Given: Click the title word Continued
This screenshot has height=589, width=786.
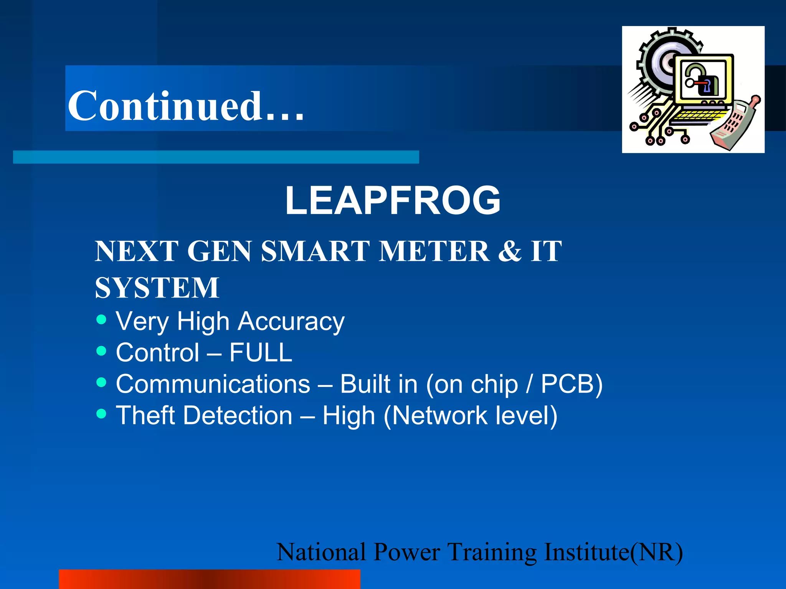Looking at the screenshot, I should point(186,106).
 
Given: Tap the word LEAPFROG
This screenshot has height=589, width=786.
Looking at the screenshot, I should point(393,200).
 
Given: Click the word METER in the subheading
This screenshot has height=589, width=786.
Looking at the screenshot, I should point(434,251).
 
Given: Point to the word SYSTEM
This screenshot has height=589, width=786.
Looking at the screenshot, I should point(157,288).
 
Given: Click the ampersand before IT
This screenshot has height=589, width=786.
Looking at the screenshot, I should point(510,251).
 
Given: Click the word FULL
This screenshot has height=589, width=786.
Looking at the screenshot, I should point(261,352).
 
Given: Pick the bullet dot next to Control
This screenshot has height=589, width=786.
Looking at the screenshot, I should point(101,351).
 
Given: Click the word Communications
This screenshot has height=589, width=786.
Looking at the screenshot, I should point(213,384).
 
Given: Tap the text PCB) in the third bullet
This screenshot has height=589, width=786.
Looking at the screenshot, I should point(571,384).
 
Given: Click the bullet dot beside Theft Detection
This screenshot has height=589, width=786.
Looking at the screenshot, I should point(101,413).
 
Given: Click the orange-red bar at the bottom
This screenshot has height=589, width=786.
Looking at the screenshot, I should point(210,579).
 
